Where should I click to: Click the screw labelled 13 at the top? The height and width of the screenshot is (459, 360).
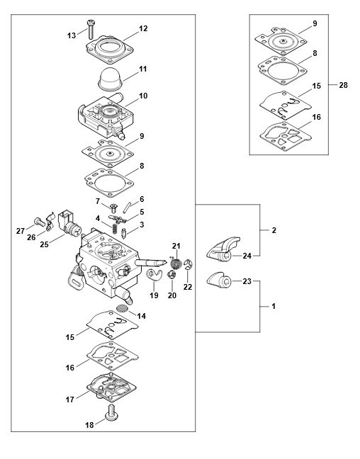[x=91, y=29]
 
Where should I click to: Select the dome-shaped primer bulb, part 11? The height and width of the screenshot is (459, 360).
[x=110, y=79]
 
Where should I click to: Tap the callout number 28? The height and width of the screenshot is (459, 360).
[x=343, y=85]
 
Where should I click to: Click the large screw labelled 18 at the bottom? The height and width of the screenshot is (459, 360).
[x=111, y=413]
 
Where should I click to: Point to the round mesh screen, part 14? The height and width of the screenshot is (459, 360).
[x=123, y=308]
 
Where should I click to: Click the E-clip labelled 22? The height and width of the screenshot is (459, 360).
[x=189, y=265]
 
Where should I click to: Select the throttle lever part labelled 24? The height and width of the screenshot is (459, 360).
[x=223, y=249]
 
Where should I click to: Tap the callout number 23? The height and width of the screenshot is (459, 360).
[x=247, y=281]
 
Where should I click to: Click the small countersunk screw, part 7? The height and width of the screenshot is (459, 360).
[x=113, y=208]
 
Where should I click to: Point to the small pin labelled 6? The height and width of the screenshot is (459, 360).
[x=127, y=208]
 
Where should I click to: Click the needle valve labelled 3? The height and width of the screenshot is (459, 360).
[x=123, y=233]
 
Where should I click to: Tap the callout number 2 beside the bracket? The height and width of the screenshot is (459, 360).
[x=274, y=230]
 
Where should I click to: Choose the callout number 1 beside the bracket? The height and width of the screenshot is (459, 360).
[x=274, y=307]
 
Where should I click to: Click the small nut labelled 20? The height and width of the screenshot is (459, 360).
[x=171, y=275]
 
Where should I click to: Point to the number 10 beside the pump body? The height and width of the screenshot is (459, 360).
[x=143, y=96]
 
